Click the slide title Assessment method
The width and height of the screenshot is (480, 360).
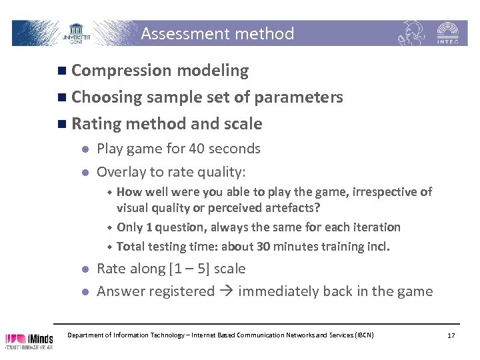pos(217,34)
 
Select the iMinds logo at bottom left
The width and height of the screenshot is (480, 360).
pos(29,339)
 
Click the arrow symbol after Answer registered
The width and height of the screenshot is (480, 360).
pos(226,291)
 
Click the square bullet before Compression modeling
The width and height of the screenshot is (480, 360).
pos(62,71)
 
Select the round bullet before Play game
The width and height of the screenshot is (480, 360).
pos(83,149)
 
